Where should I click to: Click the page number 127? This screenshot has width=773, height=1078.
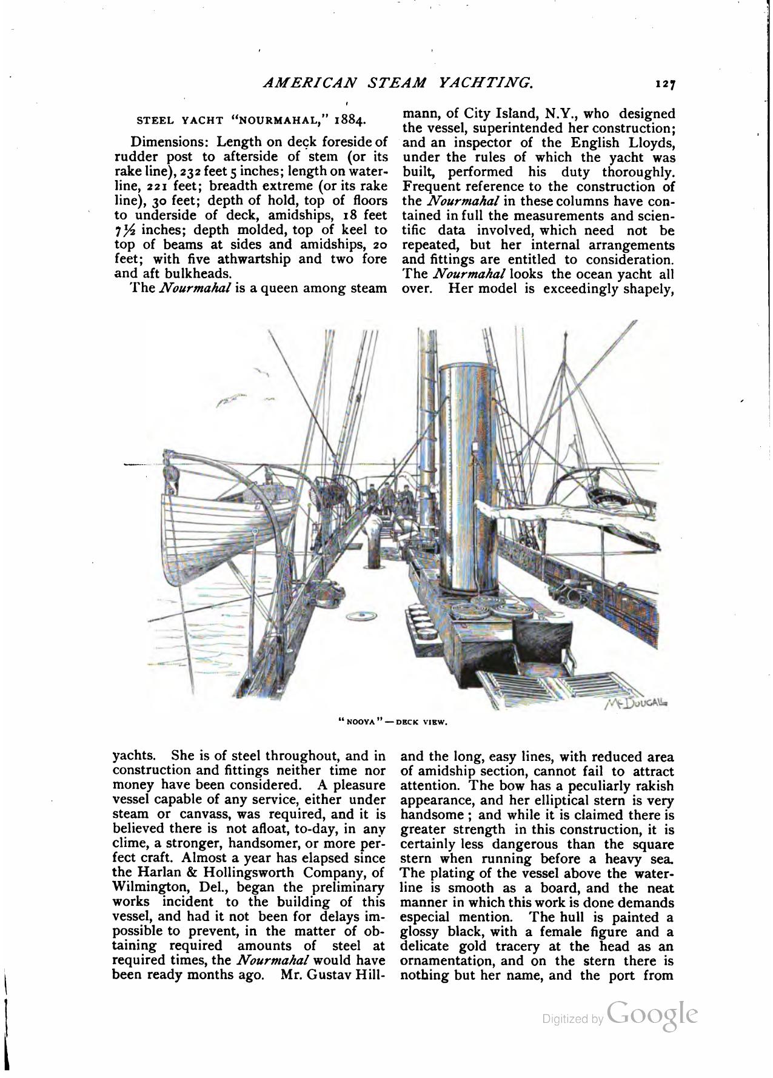pos(665,85)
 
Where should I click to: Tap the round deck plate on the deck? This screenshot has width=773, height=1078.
pos(361,617)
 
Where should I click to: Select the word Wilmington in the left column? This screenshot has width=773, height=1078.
pos(152,887)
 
